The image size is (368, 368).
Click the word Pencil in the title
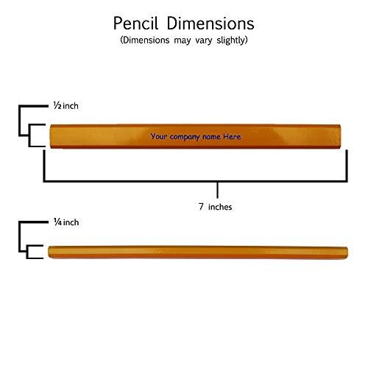135,24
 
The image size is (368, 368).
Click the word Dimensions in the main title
210,24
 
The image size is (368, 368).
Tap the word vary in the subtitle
204,40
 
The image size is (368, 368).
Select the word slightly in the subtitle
232,40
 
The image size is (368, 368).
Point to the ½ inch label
66,106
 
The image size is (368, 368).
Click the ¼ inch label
66,222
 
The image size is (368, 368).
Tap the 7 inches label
215,207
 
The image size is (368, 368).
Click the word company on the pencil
185,137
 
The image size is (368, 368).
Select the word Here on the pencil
232,136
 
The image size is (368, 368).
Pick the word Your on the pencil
159,136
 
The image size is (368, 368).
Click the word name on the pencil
211,137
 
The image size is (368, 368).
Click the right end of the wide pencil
341,136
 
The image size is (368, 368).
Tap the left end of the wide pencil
50,136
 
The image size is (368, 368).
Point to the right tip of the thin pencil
347,252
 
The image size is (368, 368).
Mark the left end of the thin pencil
49,252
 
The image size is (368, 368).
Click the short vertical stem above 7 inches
217,190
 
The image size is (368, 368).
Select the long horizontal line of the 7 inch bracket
195,181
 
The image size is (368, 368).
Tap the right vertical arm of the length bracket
347,166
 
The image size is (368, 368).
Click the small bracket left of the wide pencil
29,135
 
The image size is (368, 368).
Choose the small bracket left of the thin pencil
27,252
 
